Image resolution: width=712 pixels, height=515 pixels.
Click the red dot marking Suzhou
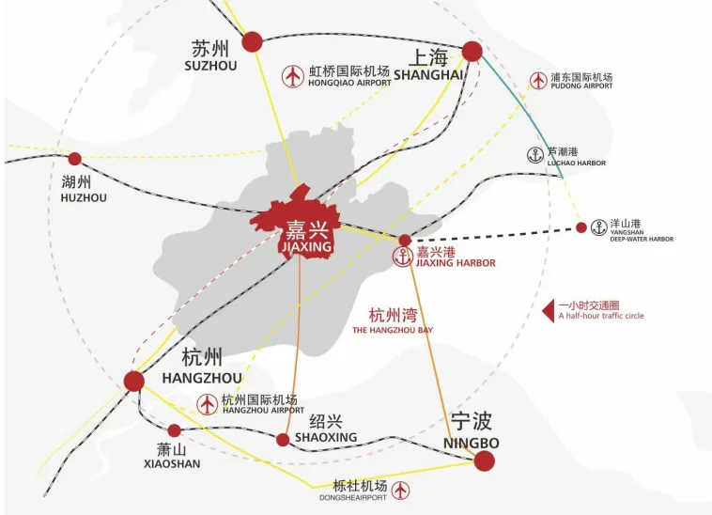point(252,41)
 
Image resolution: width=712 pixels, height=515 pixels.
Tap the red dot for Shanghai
point(472,51)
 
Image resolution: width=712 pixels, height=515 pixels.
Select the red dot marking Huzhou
point(75,159)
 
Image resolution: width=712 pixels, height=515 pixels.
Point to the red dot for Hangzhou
point(134,381)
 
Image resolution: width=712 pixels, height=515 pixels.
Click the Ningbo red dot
point(484,460)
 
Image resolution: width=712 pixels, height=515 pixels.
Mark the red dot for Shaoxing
point(283,439)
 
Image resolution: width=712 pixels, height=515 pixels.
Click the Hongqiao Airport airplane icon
point(293,75)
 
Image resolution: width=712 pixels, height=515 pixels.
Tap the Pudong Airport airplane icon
point(538,80)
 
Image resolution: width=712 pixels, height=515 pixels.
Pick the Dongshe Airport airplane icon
point(401,490)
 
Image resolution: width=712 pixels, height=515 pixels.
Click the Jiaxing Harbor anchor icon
point(402,257)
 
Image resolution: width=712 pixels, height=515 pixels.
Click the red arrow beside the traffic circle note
point(549,309)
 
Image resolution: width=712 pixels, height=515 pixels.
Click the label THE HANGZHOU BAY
point(393,330)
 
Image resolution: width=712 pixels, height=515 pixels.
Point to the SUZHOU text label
point(211,66)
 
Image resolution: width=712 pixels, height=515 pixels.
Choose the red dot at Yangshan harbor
point(580,226)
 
